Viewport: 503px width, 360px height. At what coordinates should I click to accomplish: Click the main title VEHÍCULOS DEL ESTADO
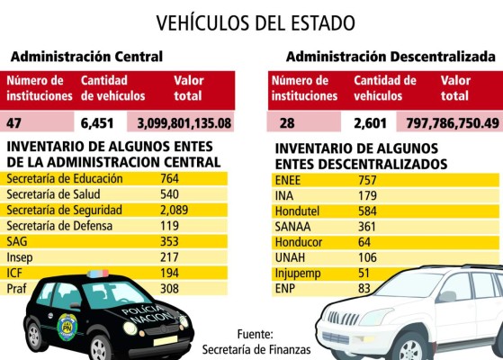pyautogui.click(x=256, y=22)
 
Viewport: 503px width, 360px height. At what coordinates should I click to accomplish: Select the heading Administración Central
pyautogui.click(x=86, y=57)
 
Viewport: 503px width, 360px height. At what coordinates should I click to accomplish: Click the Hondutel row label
pyautogui.click(x=298, y=211)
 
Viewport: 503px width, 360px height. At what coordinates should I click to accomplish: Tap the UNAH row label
pyautogui.click(x=290, y=258)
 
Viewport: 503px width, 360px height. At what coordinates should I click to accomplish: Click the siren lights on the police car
pyautogui.click(x=98, y=273)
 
